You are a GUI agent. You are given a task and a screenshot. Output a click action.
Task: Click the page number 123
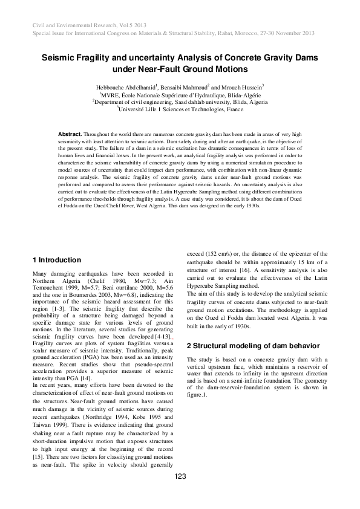click(x=180, y=477)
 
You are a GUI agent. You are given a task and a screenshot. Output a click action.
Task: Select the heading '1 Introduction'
click(x=57, y=260)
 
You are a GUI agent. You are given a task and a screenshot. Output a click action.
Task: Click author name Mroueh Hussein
click(x=244, y=88)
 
